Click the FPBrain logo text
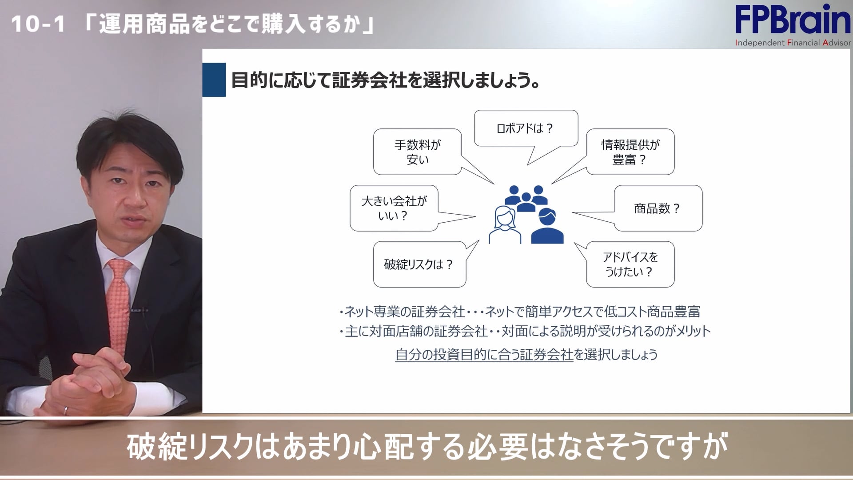pyautogui.click(x=792, y=20)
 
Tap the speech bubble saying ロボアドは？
pyautogui.click(x=526, y=128)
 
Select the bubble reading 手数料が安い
pyautogui.click(x=417, y=152)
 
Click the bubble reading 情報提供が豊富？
pyautogui.click(x=630, y=152)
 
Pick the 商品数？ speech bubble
pyautogui.click(x=658, y=208)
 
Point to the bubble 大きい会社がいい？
pyautogui.click(x=394, y=208)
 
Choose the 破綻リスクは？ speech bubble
pyautogui.click(x=419, y=264)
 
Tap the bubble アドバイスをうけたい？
pyautogui.click(x=630, y=264)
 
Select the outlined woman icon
pyautogui.click(x=505, y=225)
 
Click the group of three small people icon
pyautogui.click(x=526, y=198)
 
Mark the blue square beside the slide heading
pyautogui.click(x=214, y=80)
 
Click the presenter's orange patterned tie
pyautogui.click(x=119, y=302)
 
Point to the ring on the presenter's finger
pyautogui.click(x=66, y=410)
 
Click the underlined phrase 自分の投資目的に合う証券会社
pyautogui.click(x=484, y=355)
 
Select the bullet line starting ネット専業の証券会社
pyautogui.click(x=520, y=312)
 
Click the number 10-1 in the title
pyautogui.click(x=38, y=24)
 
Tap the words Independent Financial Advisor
pyautogui.click(x=793, y=43)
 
